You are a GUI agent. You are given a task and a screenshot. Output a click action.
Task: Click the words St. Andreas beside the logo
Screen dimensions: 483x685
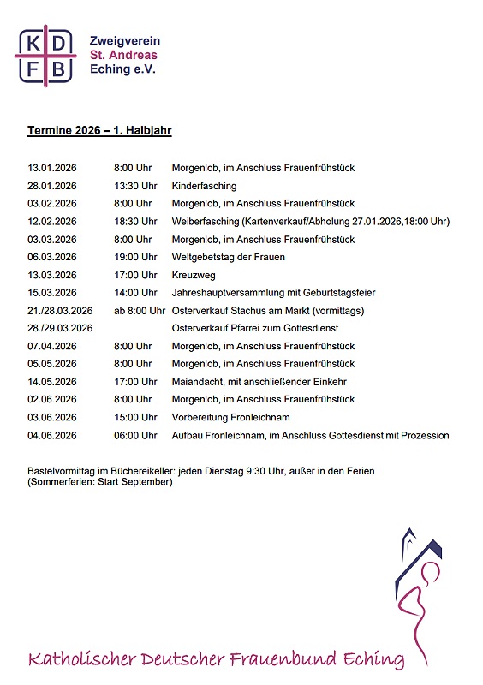(123, 55)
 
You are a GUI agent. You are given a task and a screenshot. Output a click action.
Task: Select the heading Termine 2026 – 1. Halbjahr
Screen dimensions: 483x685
(99, 131)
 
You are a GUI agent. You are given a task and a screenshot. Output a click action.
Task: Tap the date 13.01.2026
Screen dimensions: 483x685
(52, 168)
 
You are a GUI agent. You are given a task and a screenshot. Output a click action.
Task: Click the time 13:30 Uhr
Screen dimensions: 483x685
(135, 186)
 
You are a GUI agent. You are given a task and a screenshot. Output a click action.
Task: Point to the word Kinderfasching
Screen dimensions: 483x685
(205, 186)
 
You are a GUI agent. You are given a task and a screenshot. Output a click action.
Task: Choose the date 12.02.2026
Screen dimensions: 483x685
(52, 222)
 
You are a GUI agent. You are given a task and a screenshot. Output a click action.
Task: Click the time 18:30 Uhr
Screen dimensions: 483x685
(135, 222)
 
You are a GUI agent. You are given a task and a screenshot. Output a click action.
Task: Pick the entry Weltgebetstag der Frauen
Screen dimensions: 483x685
(229, 257)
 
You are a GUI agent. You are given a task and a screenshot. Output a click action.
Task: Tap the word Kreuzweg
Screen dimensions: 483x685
(194, 275)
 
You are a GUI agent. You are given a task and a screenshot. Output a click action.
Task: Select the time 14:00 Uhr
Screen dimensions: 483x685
(135, 293)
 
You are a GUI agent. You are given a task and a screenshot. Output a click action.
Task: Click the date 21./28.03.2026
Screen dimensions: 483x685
(60, 311)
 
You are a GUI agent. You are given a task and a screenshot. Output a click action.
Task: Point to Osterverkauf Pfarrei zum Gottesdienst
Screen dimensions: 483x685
(255, 329)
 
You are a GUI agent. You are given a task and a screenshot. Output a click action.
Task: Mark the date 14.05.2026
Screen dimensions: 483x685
(52, 382)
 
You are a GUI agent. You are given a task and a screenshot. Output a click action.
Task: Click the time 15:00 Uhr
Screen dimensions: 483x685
(135, 418)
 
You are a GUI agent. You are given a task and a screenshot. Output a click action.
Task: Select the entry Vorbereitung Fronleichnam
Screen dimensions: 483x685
(231, 418)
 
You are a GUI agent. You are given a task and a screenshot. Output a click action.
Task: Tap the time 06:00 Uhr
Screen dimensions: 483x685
(135, 436)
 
